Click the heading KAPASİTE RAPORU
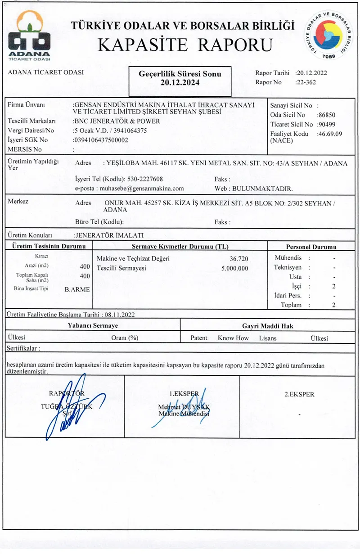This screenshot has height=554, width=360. click(x=185, y=45)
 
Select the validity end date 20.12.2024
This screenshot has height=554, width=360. click(x=180, y=83)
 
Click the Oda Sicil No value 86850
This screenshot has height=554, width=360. click(x=326, y=115)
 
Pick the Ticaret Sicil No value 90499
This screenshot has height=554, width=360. click(x=326, y=124)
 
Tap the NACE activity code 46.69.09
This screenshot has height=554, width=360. click(x=330, y=134)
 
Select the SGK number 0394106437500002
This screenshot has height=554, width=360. click(x=102, y=140)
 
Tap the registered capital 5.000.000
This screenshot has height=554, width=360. click(x=235, y=268)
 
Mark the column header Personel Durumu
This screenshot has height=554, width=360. click(x=311, y=247)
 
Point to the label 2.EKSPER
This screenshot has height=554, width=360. click(x=299, y=394)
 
